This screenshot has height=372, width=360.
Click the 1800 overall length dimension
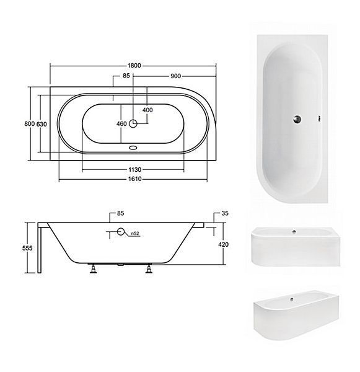134,66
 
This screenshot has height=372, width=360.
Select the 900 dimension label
175,76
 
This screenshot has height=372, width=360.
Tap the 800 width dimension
30,124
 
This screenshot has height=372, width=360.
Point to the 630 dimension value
42,124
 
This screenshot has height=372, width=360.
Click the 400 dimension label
147,110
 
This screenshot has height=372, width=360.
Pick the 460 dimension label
121,124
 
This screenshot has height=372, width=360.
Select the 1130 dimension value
134,170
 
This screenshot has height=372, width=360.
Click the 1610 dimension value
134,179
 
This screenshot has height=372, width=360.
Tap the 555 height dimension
27,248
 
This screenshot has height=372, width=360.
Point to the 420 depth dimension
223,244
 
